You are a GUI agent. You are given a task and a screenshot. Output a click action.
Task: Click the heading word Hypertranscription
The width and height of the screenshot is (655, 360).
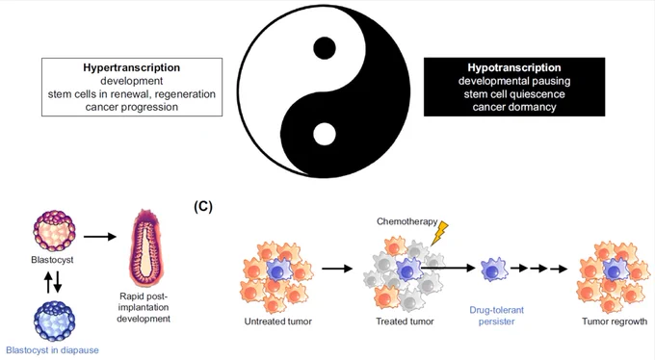(x=132, y=67)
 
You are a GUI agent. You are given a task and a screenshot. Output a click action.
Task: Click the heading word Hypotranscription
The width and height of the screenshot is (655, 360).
(x=514, y=67)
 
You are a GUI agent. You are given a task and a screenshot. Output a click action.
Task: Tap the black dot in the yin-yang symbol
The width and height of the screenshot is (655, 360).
(x=325, y=47)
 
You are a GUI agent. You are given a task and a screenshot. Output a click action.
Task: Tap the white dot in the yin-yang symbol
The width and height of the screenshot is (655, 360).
(x=325, y=134)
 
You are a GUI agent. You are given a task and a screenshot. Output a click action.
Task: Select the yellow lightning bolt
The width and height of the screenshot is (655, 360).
(x=439, y=233)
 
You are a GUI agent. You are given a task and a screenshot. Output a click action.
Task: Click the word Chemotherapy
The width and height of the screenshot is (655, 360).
(x=407, y=221)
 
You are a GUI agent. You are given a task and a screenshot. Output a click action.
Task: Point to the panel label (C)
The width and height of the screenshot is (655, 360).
(x=203, y=206)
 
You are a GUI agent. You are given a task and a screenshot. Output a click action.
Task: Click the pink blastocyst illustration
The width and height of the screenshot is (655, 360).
(x=54, y=231)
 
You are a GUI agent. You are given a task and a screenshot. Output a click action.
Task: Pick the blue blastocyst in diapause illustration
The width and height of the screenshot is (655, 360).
(x=54, y=321)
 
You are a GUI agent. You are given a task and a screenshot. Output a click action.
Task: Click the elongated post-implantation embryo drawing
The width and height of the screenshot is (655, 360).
(x=144, y=248)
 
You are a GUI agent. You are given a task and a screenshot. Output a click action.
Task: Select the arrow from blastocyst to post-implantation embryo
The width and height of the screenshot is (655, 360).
(x=100, y=237)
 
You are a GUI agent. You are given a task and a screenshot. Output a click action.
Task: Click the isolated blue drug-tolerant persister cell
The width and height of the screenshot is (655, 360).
(x=494, y=270)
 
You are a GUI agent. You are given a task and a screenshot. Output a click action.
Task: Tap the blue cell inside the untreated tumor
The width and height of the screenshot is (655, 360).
(x=279, y=270)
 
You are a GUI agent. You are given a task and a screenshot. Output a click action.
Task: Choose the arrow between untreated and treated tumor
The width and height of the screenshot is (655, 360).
(x=337, y=269)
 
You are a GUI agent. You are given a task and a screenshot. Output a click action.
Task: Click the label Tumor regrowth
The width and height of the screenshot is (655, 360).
(x=615, y=321)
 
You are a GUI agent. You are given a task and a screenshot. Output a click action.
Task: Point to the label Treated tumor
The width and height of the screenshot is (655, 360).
(x=405, y=321)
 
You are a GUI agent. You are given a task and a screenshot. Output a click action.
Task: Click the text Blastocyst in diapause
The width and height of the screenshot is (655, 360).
(x=52, y=350)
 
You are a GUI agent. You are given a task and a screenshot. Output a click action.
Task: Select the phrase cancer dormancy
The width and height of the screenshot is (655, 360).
(x=514, y=107)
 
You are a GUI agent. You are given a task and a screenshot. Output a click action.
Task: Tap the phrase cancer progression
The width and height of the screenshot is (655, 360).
(x=132, y=107)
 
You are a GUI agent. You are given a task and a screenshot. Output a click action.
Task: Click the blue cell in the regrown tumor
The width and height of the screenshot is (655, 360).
(x=614, y=270)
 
